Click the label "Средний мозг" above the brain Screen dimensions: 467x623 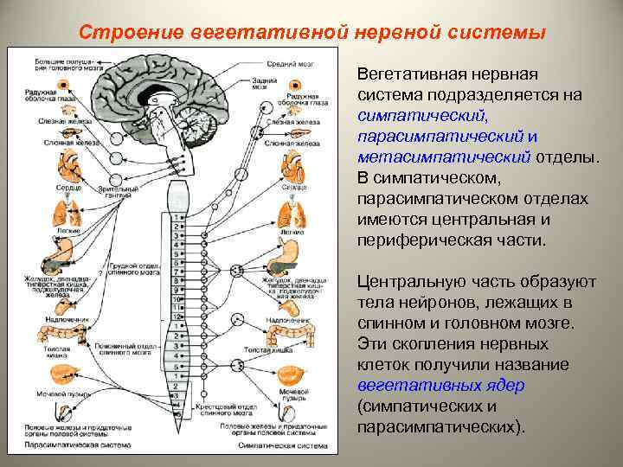click(x=287, y=64)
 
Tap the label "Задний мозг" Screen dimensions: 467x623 click(x=260, y=84)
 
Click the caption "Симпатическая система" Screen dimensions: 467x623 click(x=286, y=447)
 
